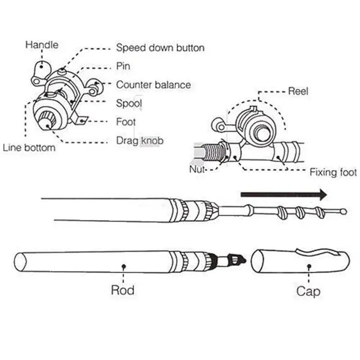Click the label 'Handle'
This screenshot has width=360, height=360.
coord(41,45)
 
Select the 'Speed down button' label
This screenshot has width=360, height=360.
coord(160,48)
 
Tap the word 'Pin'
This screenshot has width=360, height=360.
coord(123,66)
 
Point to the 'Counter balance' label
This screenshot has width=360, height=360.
coord(153,85)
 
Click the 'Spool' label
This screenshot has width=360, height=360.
coord(129,103)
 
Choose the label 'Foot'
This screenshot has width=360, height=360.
coord(126,122)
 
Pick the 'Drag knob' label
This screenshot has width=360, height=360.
coord(139,141)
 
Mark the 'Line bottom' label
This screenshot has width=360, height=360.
coord(29,148)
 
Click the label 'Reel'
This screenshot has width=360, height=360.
coord(298,91)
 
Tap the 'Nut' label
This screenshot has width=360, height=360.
coord(197,170)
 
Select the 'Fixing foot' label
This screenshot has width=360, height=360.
coord(333,172)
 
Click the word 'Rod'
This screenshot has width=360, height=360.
coord(122,290)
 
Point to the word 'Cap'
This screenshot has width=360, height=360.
coord(308,291)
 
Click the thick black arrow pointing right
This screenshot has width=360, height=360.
coord(283,194)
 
